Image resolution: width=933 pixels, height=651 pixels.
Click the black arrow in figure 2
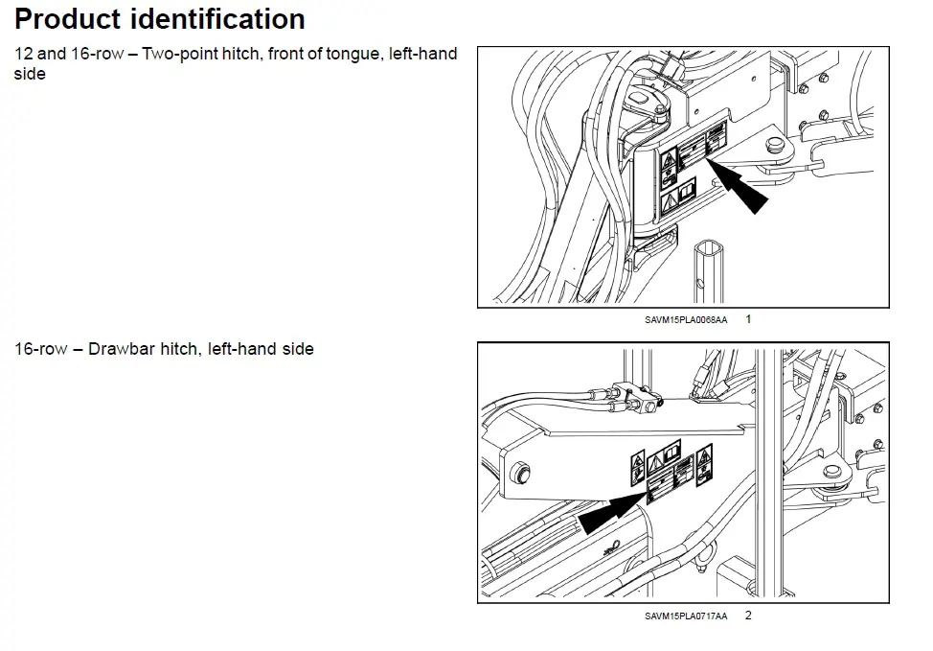(x=614, y=510)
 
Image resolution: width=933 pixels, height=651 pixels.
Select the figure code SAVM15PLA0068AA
(x=685, y=319)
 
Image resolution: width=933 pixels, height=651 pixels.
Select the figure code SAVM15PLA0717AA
(x=686, y=616)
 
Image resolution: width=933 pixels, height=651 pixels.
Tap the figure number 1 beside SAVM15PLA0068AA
(x=748, y=318)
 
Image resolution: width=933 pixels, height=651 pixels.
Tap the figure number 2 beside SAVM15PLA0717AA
(x=748, y=615)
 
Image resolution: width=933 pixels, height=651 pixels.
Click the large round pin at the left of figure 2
(x=521, y=472)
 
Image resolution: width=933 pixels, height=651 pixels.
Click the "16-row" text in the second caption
(x=41, y=349)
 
